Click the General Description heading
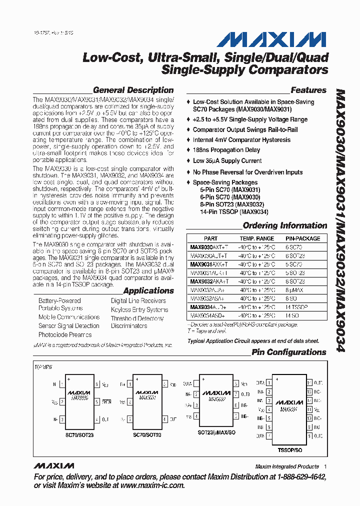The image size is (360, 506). pos(133,90)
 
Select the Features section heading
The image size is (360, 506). pos(308,90)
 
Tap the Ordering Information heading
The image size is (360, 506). pos(284,225)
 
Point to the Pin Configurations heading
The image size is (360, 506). pos(288,352)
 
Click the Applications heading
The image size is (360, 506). pos(148,290)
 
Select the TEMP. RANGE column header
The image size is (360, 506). pos(256,238)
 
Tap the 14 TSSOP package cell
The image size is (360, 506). pos(296,307)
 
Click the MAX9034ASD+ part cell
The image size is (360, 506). pos(207,315)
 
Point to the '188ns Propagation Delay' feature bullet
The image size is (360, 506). pos(226,150)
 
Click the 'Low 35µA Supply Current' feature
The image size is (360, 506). pos(227,161)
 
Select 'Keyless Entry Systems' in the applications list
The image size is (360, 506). pos(139,309)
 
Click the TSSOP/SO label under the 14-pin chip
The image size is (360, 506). pos(290,449)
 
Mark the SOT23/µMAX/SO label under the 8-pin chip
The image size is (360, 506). pos(216,431)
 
